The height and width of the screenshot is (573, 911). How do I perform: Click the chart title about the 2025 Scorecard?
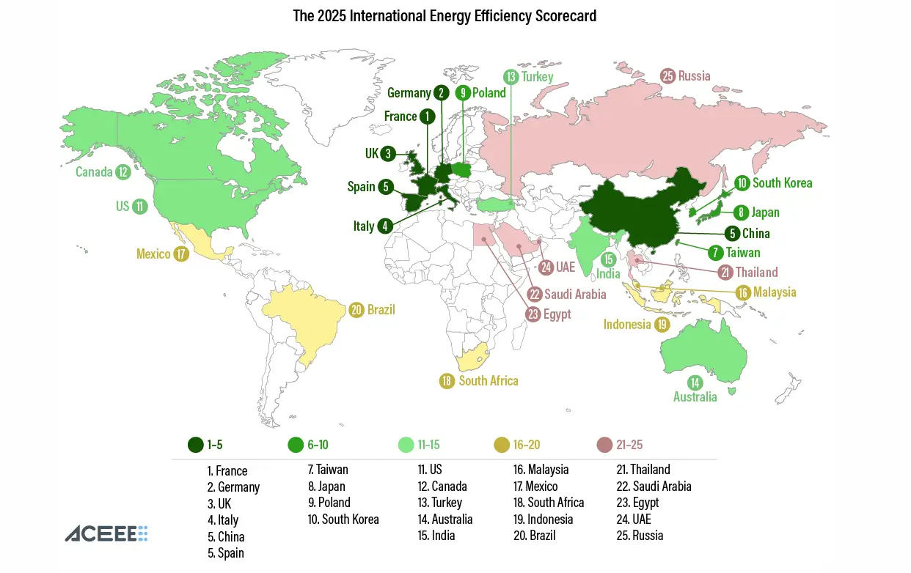tap(444, 15)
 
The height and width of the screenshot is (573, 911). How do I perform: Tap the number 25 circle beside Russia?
tap(667, 75)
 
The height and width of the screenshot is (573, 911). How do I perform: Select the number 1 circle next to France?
tap(427, 116)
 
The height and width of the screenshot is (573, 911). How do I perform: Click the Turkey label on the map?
tap(538, 76)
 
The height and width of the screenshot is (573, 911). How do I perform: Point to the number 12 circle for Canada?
tap(122, 172)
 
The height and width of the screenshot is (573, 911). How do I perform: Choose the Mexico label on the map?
tap(153, 254)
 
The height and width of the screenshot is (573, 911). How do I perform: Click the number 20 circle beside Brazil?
tap(357, 310)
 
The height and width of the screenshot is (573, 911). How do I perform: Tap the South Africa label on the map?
tap(489, 381)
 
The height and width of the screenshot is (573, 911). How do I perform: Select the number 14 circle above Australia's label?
tap(695, 382)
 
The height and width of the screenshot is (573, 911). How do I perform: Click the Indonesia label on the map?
tap(627, 324)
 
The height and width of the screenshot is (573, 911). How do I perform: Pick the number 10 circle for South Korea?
tap(742, 182)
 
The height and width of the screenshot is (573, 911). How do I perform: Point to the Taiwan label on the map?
tap(744, 253)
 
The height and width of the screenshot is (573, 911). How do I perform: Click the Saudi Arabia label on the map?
tap(575, 294)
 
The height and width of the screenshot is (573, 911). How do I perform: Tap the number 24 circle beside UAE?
tap(546, 267)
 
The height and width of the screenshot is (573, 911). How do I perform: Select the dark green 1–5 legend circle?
tap(196, 445)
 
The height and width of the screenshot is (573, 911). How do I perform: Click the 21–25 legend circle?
tap(605, 445)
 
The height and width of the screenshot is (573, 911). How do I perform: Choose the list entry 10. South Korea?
tap(343, 519)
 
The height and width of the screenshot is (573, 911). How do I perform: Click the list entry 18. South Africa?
tap(549, 502)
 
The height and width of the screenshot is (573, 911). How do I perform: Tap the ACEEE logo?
tap(106, 533)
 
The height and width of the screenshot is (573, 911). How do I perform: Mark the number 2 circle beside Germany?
tap(441, 92)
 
